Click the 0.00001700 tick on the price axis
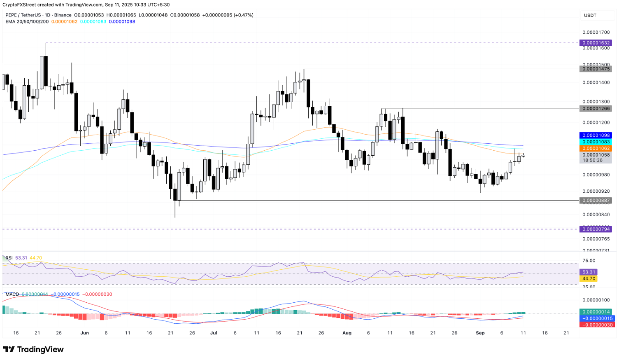pyautogui.click(x=596, y=33)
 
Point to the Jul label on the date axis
pyautogui.click(x=213, y=333)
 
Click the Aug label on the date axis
pyautogui.click(x=347, y=333)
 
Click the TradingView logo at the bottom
pyautogui.click(x=33, y=349)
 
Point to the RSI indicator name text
pyautogui.click(x=9, y=258)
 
